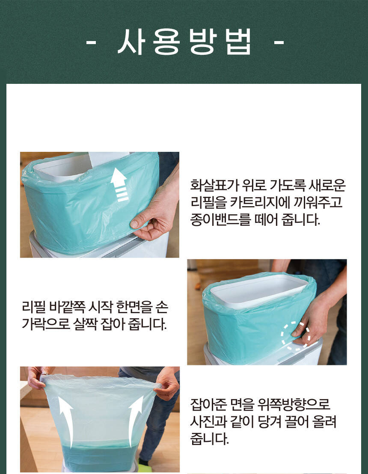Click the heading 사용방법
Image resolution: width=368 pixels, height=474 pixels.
click(184, 42)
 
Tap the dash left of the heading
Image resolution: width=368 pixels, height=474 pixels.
click(91, 43)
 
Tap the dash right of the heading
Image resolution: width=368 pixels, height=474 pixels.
click(279, 43)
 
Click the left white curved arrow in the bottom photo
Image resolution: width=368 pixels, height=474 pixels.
click(66, 420)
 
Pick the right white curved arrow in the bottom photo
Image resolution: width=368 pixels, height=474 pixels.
click(135, 420)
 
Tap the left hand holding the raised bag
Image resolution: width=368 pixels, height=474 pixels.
click(37, 378)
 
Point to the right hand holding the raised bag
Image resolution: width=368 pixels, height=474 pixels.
click(166, 383)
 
